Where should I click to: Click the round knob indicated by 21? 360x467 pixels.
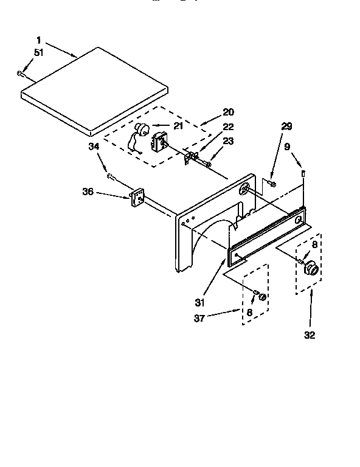144,128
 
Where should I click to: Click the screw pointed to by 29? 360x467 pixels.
271,183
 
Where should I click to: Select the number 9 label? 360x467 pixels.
286,146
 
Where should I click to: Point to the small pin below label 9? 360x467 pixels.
303,175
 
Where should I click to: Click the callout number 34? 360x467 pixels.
94,146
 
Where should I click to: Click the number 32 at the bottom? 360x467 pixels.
310,334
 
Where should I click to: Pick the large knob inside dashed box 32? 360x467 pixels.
312,267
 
